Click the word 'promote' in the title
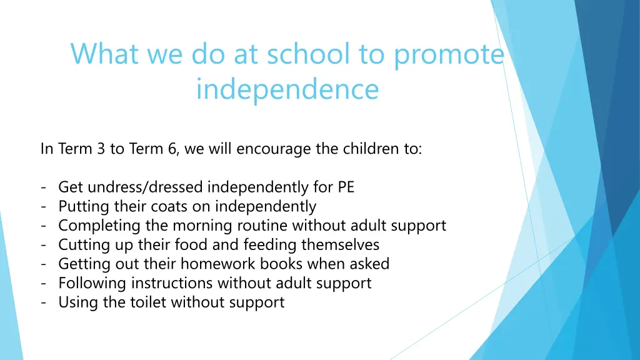pos(448,55)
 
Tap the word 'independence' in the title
pos(287,89)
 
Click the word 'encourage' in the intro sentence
pos(266,149)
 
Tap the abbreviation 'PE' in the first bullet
pos(346,187)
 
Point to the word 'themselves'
pos(341,244)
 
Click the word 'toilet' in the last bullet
pos(144,302)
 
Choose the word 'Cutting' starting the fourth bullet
pos(81,244)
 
